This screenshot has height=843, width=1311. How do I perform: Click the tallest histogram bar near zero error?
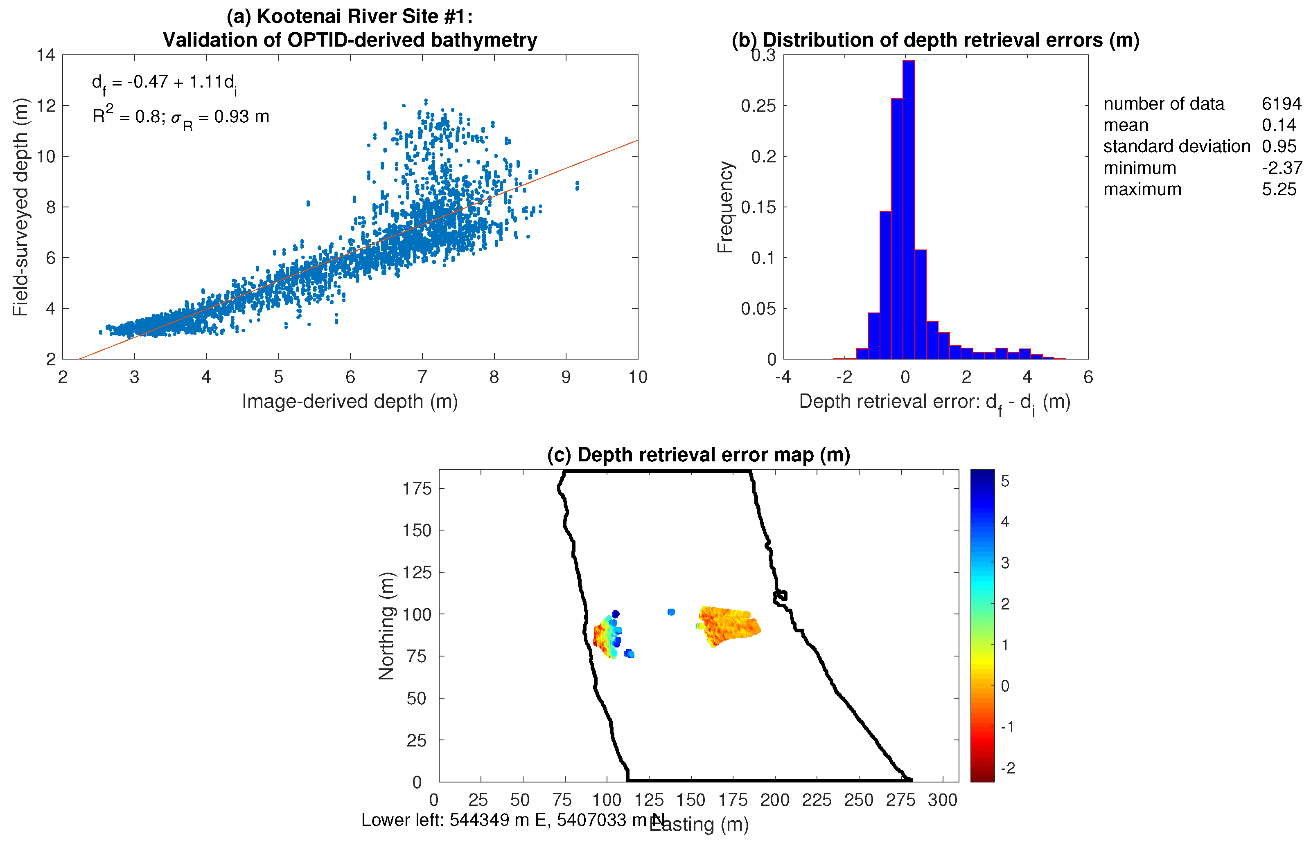coord(908,208)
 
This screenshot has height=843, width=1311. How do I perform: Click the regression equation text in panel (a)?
coord(164,83)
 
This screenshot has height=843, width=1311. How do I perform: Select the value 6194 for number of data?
coord(1281,103)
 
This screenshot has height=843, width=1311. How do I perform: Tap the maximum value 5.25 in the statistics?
coord(1279,189)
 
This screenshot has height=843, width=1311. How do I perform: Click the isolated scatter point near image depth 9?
coord(577,186)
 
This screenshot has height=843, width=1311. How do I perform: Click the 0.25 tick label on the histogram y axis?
coord(758,106)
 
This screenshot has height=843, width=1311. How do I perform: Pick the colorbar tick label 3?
coord(1005,563)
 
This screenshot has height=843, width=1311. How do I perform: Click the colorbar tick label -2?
coord(1007,768)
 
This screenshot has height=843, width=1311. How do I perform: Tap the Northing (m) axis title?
coord(387,626)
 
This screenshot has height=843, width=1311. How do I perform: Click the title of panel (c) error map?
coord(698,455)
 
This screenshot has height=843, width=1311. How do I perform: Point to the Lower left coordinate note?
coord(512,820)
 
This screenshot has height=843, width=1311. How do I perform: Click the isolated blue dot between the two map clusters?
coord(671,612)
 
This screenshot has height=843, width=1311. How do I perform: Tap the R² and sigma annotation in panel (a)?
coord(181,117)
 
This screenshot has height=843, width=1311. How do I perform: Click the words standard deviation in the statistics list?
coord(1176,147)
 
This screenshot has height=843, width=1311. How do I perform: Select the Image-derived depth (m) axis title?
coord(350,401)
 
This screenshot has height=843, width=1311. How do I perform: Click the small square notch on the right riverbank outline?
coord(781,596)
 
